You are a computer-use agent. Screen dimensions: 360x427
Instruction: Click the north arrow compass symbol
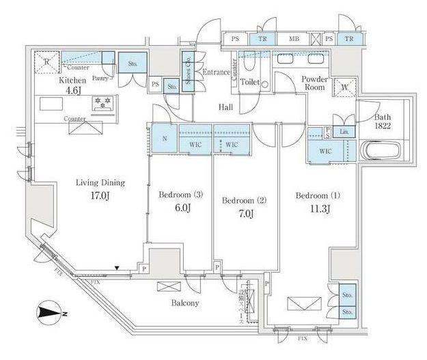pos(49,313)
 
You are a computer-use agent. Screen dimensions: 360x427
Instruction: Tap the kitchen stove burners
pos(105,104)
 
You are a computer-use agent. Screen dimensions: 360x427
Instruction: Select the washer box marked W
pos(342,87)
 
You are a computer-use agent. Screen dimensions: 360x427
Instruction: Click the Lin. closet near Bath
pos(345,132)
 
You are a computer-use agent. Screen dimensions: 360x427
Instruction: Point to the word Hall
pos(225,107)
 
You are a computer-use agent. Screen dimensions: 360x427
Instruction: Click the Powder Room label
pos(316,83)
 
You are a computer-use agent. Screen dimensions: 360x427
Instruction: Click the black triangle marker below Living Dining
pos(118,268)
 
